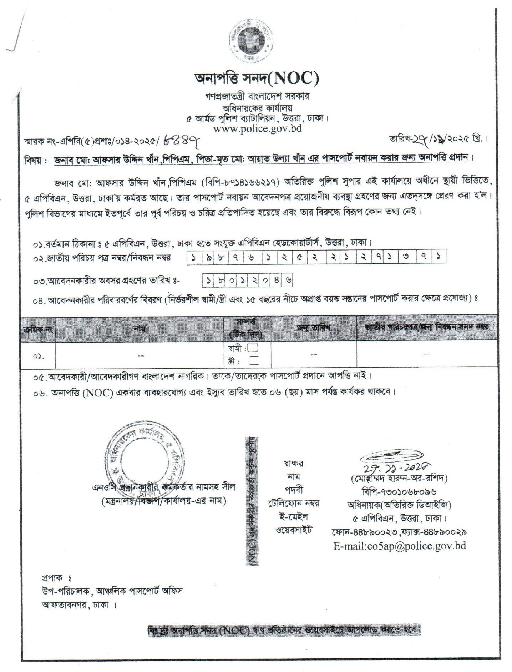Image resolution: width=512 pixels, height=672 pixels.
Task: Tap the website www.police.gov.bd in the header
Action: [257, 128]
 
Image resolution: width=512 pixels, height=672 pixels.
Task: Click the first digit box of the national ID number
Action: [193, 257]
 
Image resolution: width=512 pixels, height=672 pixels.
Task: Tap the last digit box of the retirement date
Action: [288, 281]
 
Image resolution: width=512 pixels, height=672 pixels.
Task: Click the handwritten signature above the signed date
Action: [392, 455]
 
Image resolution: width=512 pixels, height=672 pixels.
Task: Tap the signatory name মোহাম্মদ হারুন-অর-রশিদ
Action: [399, 478]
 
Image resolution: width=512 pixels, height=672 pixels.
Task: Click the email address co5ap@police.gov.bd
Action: [400, 546]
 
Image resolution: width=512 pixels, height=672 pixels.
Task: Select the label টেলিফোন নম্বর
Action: [293, 503]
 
